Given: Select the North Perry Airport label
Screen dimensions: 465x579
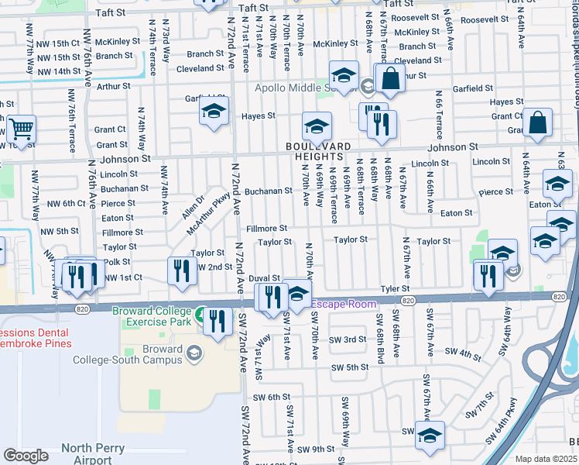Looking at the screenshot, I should [98, 453].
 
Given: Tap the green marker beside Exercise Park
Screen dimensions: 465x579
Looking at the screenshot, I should [200, 315].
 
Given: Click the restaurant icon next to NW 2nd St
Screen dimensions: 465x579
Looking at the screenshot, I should [180, 270].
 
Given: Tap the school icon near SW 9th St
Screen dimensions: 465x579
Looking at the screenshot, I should [429, 436].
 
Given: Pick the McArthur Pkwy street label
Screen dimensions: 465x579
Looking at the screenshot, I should [208, 214].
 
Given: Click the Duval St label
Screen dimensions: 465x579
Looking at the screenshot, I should [264, 277].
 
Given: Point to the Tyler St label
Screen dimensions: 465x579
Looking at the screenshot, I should [394, 289].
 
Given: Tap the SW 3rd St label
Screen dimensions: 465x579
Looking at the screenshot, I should [347, 339].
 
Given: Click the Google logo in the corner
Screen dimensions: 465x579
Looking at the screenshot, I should [26, 455].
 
